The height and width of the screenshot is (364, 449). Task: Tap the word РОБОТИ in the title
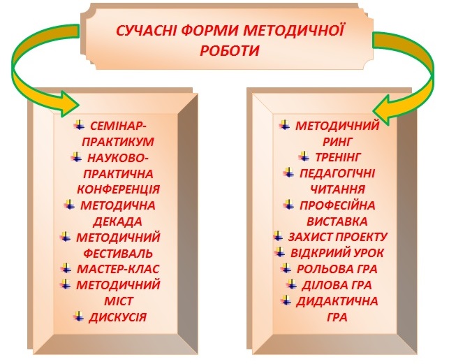[x=229, y=51]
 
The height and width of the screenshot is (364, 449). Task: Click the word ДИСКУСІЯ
[x=118, y=318]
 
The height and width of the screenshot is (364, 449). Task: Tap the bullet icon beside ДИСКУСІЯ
[x=78, y=316]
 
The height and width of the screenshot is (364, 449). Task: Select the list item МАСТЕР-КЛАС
[x=118, y=269]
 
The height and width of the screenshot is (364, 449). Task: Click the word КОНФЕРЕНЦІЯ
[x=119, y=189]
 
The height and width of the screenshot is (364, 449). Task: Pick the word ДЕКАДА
[x=118, y=222]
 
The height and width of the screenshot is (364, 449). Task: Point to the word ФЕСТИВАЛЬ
[x=118, y=254]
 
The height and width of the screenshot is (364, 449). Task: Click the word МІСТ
[x=119, y=302]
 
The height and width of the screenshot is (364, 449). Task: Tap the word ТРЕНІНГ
[x=338, y=157]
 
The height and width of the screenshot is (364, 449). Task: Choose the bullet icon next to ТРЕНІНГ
[x=304, y=156]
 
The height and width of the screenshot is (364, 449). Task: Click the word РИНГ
[x=337, y=142]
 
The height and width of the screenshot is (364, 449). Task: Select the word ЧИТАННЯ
[x=337, y=189]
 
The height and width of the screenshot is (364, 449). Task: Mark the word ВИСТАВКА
[x=337, y=222]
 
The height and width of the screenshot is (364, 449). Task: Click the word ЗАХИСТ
[x=309, y=237]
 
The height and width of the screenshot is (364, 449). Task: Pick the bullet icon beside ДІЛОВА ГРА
[x=291, y=284]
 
